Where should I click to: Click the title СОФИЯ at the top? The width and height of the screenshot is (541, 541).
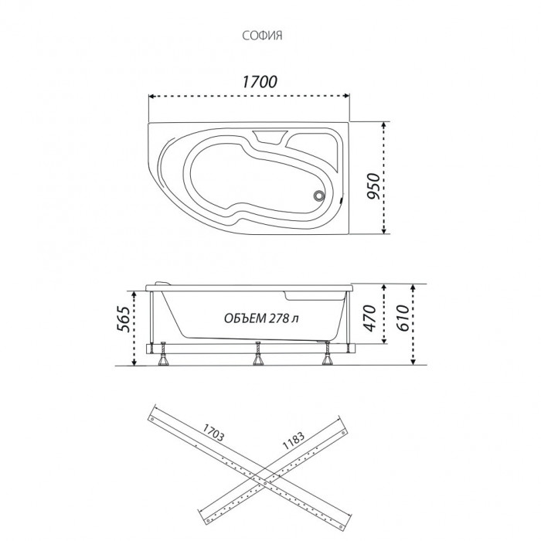tap(262, 36)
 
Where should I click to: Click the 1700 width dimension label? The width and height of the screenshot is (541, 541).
tap(260, 82)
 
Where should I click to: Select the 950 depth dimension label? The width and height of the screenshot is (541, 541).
tap(373, 186)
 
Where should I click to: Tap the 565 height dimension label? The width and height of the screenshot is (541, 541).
tap(124, 319)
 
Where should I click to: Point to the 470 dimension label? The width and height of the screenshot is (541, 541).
tap(369, 318)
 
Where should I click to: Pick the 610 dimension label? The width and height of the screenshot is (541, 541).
tap(403, 318)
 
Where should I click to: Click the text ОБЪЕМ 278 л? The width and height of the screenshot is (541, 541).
tap(261, 318)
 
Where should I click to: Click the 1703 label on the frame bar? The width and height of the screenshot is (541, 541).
tap(213, 432)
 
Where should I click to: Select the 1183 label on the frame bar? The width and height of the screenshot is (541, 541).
tap(294, 441)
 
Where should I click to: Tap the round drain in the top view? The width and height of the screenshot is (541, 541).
tap(318, 196)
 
